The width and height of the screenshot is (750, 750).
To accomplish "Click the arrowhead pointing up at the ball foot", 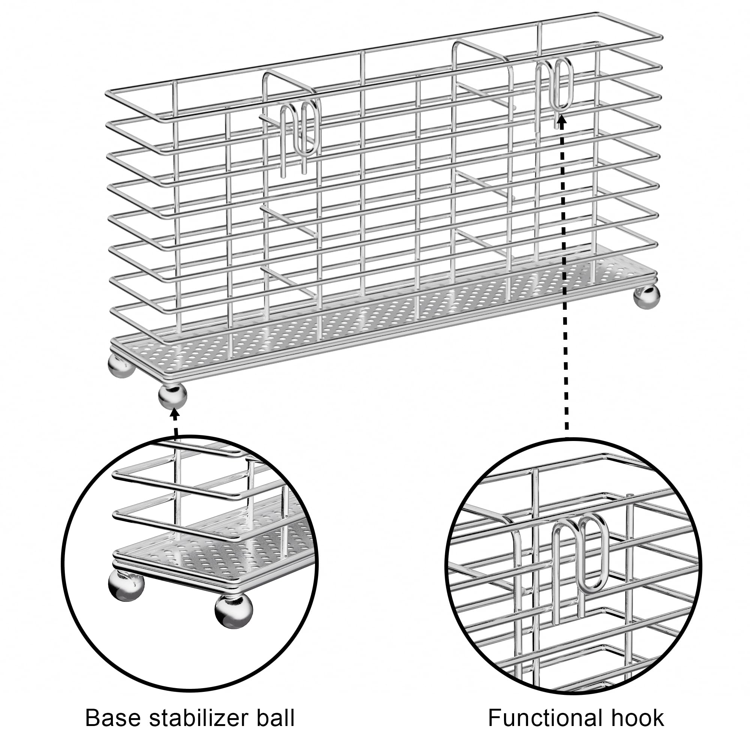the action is (175, 414).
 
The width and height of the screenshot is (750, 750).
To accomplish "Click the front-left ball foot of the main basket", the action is (172, 396).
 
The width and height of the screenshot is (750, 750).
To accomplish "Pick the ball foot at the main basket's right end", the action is (646, 297).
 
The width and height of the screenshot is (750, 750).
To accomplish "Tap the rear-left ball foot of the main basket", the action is (121, 365).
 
